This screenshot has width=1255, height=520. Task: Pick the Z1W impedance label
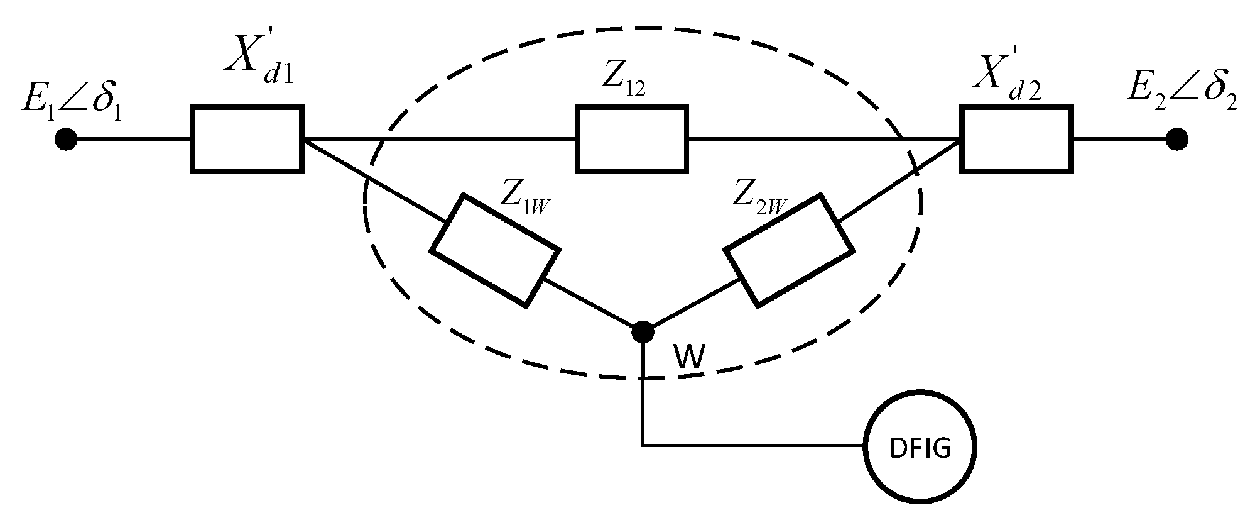[x=524, y=199]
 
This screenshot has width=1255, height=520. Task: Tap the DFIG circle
[x=920, y=448]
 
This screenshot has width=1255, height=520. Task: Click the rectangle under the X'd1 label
[x=247, y=139]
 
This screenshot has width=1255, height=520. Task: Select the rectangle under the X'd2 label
[x=1016, y=139]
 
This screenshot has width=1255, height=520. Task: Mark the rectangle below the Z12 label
[x=632, y=139]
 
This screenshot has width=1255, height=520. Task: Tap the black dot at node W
[x=642, y=331]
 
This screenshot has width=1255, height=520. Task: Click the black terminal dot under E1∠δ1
[x=66, y=139]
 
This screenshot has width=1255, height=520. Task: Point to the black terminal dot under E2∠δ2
[x=1176, y=139]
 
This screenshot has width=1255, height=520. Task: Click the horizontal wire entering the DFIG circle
[x=754, y=446]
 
